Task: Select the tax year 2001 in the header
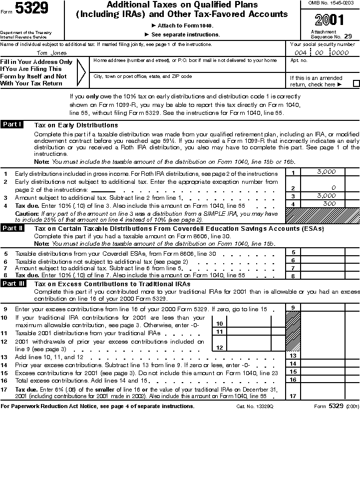coord(330,20)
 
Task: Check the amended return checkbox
coord(356,84)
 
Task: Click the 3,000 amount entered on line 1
coord(327,172)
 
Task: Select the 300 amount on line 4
coord(329,203)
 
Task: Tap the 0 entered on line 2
coord(333,188)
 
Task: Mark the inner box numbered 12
coord(219,347)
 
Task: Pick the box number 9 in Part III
coord(293,307)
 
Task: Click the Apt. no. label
coord(299,60)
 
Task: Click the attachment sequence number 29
coord(348,36)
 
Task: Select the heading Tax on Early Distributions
coord(76,125)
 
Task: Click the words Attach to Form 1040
coord(182,25)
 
